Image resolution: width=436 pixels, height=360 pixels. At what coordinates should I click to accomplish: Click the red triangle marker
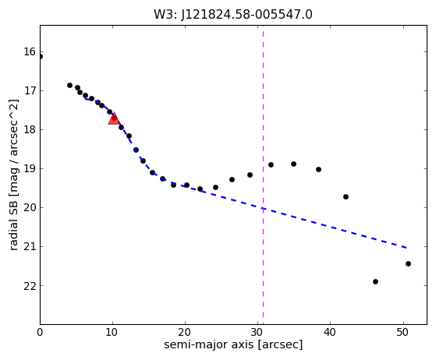[x=114, y=119]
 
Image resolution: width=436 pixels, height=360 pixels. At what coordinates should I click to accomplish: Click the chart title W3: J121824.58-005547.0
[x=233, y=15]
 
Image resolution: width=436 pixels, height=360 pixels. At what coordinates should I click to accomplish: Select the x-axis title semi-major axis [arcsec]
[x=233, y=344]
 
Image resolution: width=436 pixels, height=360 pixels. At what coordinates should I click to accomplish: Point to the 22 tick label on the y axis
[x=30, y=286]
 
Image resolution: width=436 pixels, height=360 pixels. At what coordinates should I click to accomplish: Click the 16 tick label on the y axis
[x=30, y=52]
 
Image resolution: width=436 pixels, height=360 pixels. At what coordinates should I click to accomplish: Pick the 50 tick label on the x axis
[x=403, y=332]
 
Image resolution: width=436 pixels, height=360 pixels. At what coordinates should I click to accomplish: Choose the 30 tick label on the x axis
[x=257, y=332]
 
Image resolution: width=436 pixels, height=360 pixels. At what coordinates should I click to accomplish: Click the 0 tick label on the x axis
[x=40, y=332]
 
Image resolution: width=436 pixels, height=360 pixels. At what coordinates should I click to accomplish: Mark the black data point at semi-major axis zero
[x=41, y=57]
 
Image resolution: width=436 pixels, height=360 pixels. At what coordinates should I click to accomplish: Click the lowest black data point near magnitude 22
[x=375, y=281]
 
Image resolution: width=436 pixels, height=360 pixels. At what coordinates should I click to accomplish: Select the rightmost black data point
[x=408, y=263]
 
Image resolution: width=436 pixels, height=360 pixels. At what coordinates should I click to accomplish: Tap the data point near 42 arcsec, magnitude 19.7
[x=346, y=196]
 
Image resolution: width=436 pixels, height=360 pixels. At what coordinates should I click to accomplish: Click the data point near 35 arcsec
[x=293, y=164]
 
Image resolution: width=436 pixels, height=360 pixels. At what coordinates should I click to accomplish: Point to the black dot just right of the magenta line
[x=271, y=164]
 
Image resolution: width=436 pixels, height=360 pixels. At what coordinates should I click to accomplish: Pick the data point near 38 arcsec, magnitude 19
[x=319, y=169]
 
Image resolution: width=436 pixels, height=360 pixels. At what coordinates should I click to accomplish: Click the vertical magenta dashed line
[x=263, y=175]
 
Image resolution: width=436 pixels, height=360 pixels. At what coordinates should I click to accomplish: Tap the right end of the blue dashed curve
[x=406, y=248]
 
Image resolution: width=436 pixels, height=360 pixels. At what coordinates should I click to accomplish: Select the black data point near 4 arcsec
[x=69, y=85]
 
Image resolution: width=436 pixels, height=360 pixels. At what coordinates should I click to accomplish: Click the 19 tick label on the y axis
[x=30, y=169]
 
